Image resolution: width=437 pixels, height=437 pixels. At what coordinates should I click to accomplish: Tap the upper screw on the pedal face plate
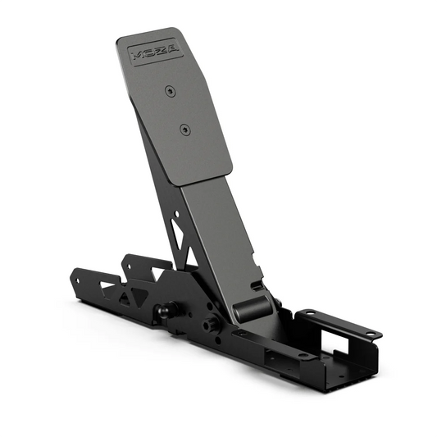(x=169, y=90)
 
